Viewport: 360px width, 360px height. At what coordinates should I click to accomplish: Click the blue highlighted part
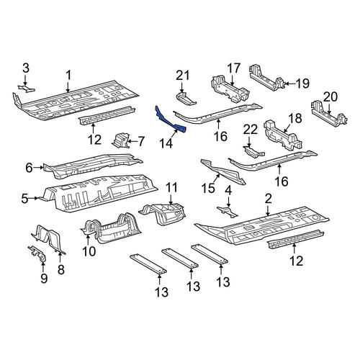(x=170, y=121)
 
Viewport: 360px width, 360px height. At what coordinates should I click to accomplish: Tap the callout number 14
(x=166, y=143)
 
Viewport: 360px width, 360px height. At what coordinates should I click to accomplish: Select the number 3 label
(x=26, y=68)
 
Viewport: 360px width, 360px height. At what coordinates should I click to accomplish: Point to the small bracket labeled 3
(x=27, y=88)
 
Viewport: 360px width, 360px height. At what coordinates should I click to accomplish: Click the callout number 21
(x=183, y=76)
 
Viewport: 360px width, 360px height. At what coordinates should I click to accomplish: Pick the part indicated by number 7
(x=120, y=141)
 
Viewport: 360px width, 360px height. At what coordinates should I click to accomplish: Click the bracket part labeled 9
(x=38, y=254)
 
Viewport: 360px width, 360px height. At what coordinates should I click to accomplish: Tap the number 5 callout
(x=24, y=199)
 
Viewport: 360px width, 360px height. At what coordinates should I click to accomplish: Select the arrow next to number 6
(x=38, y=168)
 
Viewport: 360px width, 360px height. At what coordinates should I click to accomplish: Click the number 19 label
(x=302, y=84)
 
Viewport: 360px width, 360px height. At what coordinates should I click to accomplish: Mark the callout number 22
(x=250, y=130)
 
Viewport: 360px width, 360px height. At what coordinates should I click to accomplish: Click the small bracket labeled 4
(x=227, y=211)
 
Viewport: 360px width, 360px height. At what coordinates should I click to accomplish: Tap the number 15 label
(x=208, y=189)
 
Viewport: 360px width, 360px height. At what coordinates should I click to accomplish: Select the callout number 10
(x=89, y=251)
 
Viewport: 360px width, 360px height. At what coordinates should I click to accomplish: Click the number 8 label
(x=61, y=269)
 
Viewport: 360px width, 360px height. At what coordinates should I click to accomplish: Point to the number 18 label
(x=295, y=118)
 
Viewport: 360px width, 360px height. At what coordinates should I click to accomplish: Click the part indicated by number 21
(x=185, y=99)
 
